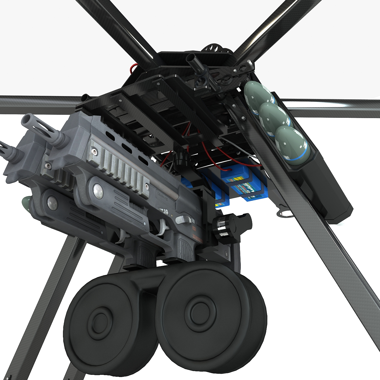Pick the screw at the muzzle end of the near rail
[x=94, y=151]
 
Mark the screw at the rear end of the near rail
[x=146, y=186]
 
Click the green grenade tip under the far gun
[x=26, y=202]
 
